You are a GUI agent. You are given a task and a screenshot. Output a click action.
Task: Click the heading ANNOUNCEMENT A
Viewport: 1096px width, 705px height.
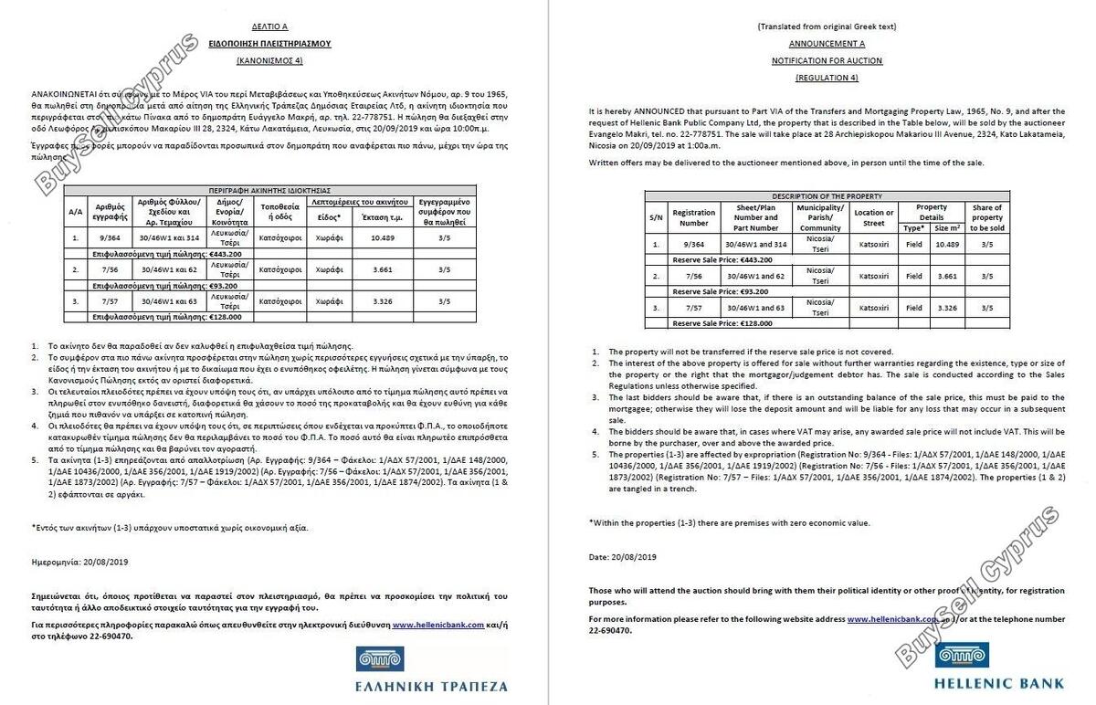click(x=827, y=44)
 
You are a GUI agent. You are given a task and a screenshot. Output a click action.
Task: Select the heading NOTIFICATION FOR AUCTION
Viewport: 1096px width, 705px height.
click(x=827, y=61)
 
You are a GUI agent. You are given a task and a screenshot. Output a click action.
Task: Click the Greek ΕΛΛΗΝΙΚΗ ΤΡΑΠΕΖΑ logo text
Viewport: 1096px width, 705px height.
click(x=432, y=685)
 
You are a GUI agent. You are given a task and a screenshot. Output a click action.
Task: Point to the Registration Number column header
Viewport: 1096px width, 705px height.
click(x=693, y=217)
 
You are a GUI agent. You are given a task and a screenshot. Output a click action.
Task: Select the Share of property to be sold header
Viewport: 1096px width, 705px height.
click(x=986, y=217)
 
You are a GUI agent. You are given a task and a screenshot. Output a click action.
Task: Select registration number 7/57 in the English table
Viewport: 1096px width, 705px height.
click(x=693, y=308)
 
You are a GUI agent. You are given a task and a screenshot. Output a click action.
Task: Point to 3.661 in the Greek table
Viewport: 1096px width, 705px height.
click(x=383, y=270)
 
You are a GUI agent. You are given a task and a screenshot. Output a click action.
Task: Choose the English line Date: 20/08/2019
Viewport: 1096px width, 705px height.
click(x=622, y=556)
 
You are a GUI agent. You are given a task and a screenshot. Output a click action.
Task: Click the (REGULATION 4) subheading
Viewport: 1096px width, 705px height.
click(x=827, y=78)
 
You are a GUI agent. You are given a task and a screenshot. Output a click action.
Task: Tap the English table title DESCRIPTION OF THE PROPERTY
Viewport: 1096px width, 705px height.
click(x=827, y=196)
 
